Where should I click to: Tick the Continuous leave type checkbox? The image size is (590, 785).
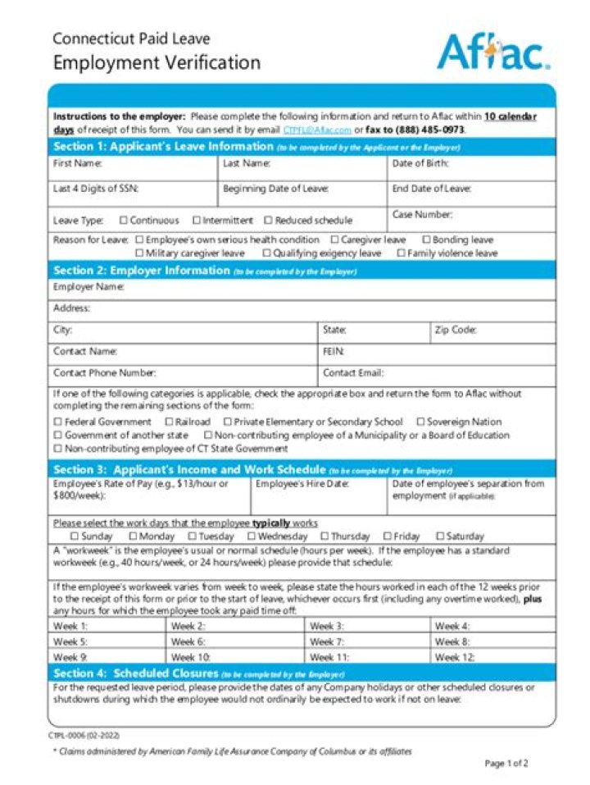point(124,220)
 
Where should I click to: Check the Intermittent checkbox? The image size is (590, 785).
point(197,220)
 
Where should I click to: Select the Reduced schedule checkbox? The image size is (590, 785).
point(268,220)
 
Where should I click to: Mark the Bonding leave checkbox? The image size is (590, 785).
point(426,240)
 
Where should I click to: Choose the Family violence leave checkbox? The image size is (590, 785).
point(401,253)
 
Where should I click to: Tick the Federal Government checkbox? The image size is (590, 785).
point(57,422)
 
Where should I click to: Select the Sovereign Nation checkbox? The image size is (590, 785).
point(420,422)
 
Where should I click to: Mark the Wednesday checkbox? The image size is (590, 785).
point(252,536)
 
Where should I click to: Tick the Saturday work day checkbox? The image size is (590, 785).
point(440,536)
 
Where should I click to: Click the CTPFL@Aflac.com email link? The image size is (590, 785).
point(317,130)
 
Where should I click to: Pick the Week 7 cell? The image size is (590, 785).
point(368,642)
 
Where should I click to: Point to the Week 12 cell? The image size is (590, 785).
point(492,657)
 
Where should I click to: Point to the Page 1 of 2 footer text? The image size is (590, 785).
point(506,763)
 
